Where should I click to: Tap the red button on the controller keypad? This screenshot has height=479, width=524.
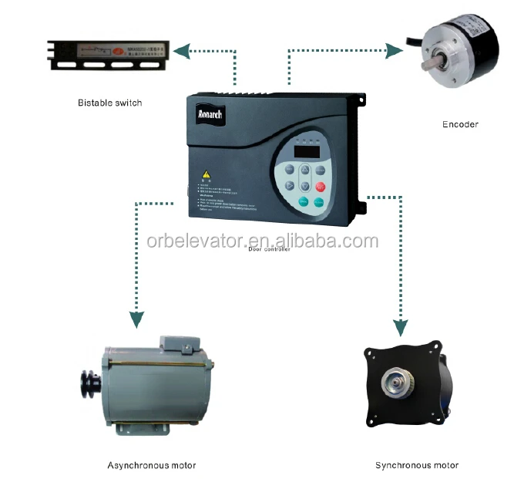(x=321, y=186)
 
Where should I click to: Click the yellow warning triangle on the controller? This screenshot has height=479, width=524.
(x=206, y=174)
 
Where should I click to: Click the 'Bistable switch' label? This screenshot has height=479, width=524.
(x=110, y=103)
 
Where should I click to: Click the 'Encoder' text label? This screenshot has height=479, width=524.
(x=460, y=124)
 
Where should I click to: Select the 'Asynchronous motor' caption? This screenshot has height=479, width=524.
(x=151, y=465)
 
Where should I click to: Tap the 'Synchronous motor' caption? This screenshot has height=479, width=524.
(x=417, y=465)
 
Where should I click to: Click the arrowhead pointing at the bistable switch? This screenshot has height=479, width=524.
(x=180, y=52)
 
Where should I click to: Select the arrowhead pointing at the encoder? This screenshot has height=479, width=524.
(x=395, y=51)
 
